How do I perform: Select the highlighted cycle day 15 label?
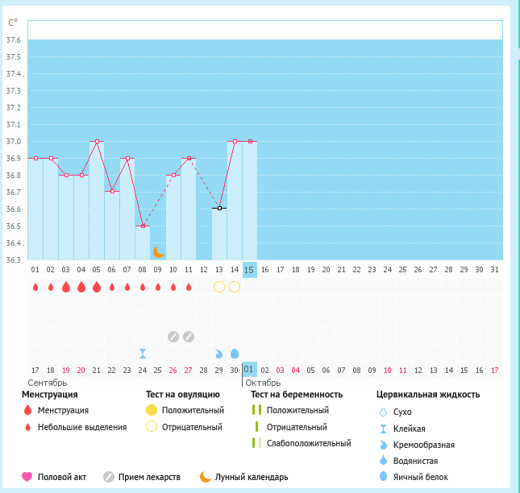pos(249,270)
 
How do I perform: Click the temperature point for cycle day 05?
pos(97,141)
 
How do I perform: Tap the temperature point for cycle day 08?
pos(143,226)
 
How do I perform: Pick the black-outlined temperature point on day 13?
pos(218,208)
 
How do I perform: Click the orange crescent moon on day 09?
pos(159,252)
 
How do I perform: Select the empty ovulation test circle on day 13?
pos(218,287)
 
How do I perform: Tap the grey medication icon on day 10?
pos(173,336)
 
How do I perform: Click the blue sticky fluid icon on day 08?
pos(143,353)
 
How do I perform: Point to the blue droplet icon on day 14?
pos(235,353)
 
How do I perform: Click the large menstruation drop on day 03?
pos(66,287)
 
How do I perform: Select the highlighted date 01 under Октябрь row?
pos(249,370)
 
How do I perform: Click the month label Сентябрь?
pos(47,382)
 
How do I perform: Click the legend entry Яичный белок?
pos(418,477)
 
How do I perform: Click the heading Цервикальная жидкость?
pos(428,395)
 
